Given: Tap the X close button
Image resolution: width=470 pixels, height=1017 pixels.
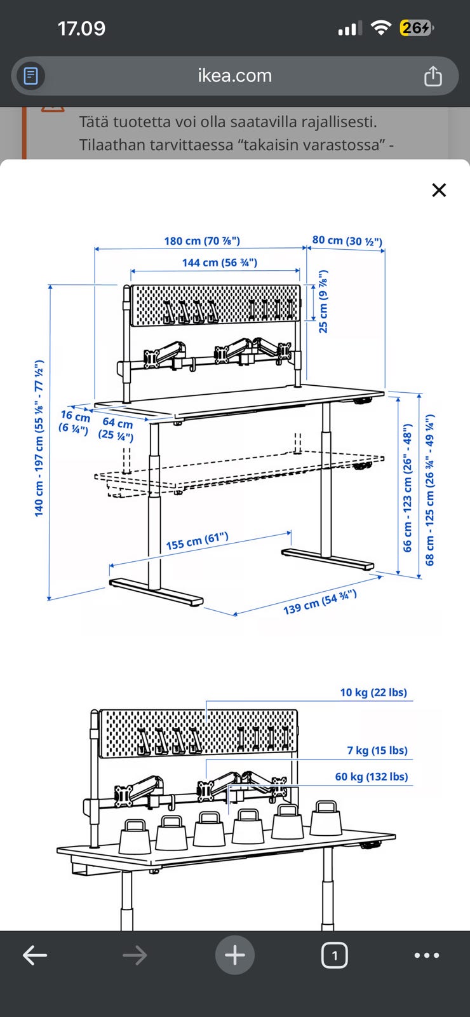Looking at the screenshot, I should tap(439, 190).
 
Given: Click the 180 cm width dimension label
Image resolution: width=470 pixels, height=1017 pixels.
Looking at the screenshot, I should tap(202, 241).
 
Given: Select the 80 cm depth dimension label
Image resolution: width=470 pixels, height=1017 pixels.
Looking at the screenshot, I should tap(347, 240).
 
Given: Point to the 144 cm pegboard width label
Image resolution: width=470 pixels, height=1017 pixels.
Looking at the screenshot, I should tap(219, 263).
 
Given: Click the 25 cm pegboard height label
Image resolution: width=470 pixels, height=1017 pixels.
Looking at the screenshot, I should tap(323, 302).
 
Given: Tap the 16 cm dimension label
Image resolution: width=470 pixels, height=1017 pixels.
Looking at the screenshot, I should tap(74, 422).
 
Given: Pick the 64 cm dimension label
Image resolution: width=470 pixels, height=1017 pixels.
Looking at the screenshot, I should tap(117, 429).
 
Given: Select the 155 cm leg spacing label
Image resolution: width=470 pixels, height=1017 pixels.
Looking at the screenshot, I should tap(197, 541).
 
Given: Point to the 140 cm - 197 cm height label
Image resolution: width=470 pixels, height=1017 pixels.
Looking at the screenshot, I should tap(39, 439).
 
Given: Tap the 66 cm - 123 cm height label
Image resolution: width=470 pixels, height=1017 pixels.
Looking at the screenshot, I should tap(408, 488).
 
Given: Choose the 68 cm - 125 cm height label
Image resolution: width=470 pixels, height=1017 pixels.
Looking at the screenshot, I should tap(430, 489).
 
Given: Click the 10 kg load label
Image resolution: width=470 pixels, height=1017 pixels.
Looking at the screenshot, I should tap(373, 692).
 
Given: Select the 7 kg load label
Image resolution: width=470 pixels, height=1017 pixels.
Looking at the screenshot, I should tap(377, 750).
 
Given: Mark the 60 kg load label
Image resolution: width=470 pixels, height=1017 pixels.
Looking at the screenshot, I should tap(371, 776).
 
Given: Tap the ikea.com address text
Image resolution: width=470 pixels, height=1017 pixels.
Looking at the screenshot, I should tap(234, 76).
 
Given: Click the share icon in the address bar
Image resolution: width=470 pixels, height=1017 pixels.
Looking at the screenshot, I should tap(433, 76).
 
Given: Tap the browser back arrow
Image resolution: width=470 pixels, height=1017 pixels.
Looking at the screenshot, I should tap(35, 955).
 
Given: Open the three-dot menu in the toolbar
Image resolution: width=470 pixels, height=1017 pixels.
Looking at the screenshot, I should tap(426, 955).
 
